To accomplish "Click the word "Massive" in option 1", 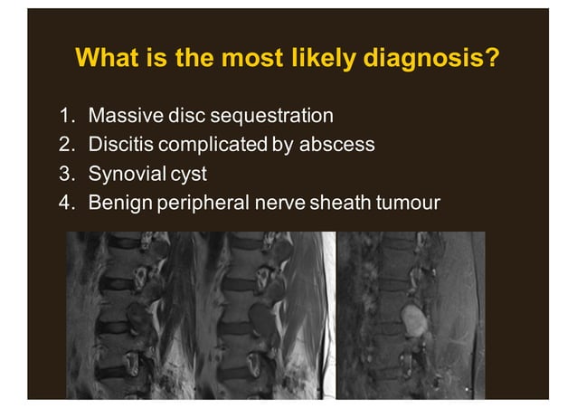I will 121,116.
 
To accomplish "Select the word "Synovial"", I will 124,173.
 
